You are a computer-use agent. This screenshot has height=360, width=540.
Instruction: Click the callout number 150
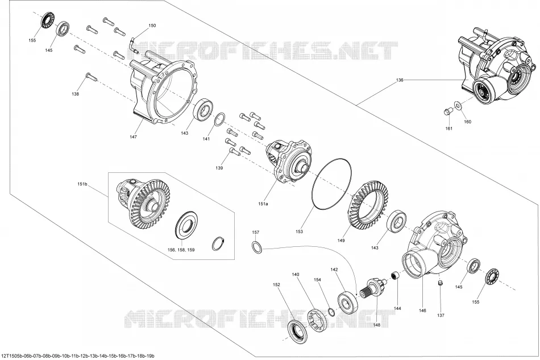[152, 26]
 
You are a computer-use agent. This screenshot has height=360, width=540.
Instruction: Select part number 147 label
[133, 136]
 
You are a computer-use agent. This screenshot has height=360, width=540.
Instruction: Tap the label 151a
[263, 204]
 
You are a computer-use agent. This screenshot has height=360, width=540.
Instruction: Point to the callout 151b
[82, 184]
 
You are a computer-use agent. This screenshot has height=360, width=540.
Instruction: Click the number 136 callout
[400, 80]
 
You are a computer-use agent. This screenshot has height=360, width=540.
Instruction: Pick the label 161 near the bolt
[448, 129]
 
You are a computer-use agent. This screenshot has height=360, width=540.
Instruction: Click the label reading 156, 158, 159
[181, 250]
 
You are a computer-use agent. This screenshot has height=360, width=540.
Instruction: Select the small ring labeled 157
[256, 247]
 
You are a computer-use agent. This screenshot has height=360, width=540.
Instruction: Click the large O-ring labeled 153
[331, 184]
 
